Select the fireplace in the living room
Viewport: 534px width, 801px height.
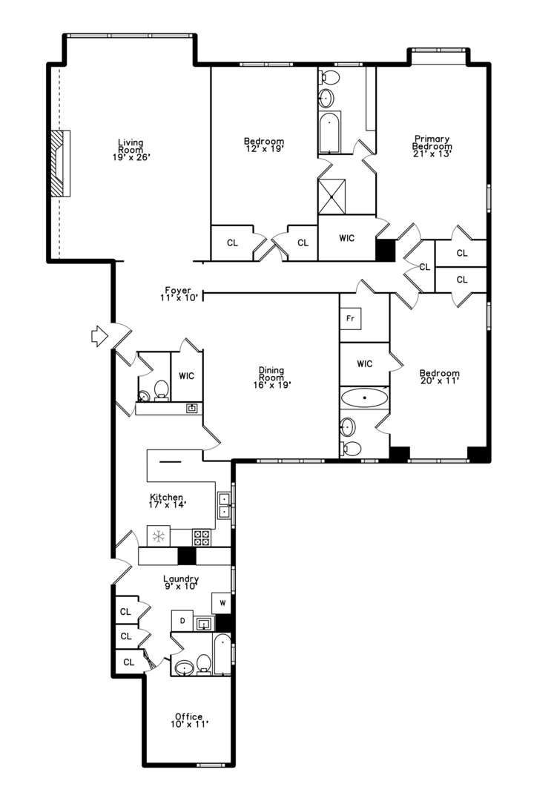(x=60, y=162)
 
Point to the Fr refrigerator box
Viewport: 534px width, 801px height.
(x=352, y=318)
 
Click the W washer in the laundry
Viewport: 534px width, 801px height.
(x=222, y=603)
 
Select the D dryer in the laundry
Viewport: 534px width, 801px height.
(x=182, y=621)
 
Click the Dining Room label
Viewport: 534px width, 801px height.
(x=271, y=377)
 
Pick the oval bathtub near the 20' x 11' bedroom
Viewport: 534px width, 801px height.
(x=364, y=398)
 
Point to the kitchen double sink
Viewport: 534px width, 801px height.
(x=224, y=505)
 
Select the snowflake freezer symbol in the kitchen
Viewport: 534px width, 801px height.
(x=158, y=535)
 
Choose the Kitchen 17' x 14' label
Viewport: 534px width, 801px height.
(x=167, y=501)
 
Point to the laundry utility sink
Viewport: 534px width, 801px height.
(x=204, y=624)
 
